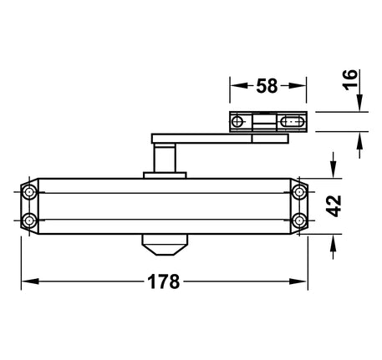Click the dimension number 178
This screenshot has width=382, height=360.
coord(164,281)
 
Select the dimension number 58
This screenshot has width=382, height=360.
coord(267,86)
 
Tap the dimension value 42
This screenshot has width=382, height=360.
coord(334,206)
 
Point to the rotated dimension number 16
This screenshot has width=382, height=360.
coord(350,79)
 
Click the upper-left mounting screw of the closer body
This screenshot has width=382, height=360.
coord(29,192)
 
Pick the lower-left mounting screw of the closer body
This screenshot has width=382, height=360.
coord(29,221)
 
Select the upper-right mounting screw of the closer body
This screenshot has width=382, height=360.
coord(299,192)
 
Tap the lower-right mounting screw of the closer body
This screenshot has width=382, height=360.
coord(299,221)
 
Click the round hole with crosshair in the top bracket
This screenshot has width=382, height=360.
coord(237,122)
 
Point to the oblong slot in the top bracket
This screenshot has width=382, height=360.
coord(292,122)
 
